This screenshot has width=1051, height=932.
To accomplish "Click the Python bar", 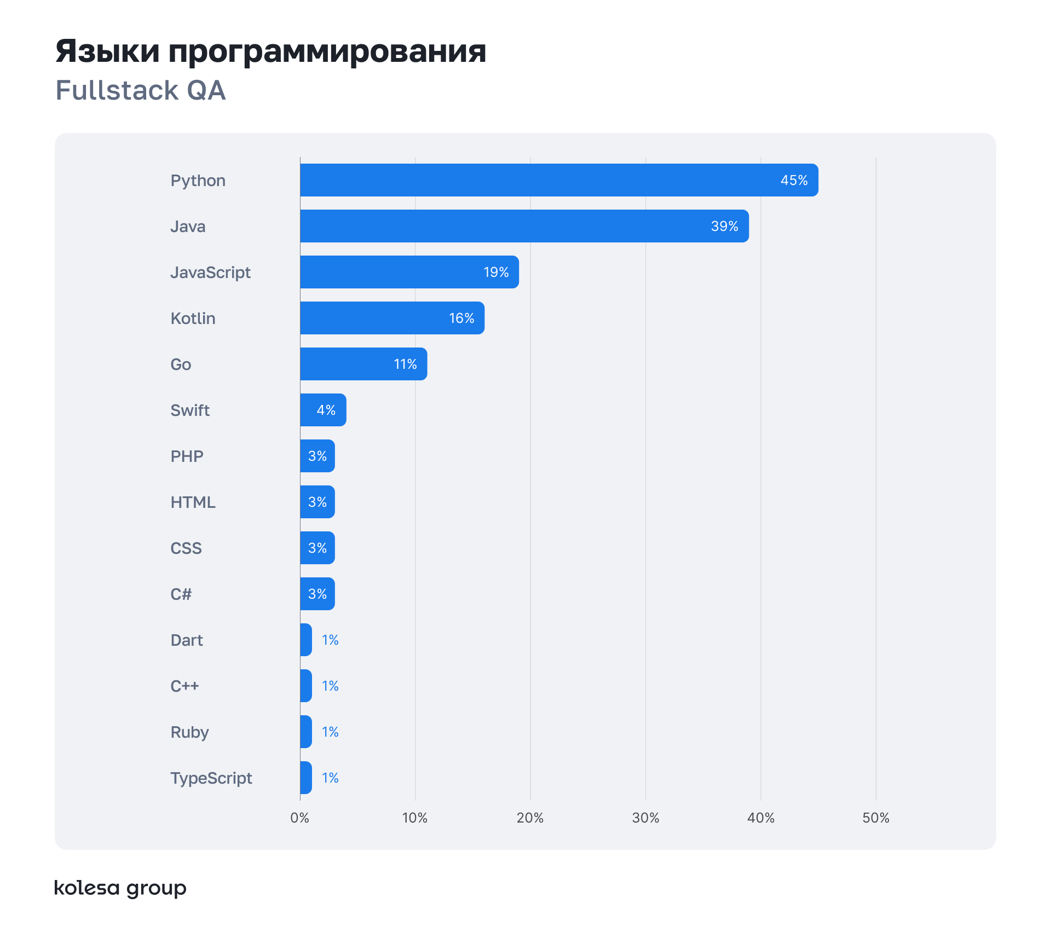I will pyautogui.click(x=558, y=180).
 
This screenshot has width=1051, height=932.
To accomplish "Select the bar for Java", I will pyautogui.click(x=524, y=226).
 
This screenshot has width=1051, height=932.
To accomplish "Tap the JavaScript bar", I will pyautogui.click(x=409, y=272).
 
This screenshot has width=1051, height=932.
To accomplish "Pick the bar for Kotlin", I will pyautogui.click(x=392, y=318).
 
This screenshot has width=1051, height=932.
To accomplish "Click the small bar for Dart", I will pyautogui.click(x=306, y=640).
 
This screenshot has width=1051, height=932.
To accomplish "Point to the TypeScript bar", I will pyautogui.click(x=306, y=778).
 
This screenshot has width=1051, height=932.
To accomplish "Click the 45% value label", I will pyautogui.click(x=794, y=180).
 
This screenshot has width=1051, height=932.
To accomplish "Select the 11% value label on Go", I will pyautogui.click(x=405, y=364).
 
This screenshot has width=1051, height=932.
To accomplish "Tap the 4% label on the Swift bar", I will pyautogui.click(x=326, y=410).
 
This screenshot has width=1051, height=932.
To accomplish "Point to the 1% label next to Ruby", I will pyautogui.click(x=330, y=732).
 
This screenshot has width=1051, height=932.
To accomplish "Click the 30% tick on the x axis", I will pyautogui.click(x=645, y=818).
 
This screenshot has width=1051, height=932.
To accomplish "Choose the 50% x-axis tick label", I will pyautogui.click(x=875, y=818).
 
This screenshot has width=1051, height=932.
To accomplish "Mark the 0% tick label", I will pyautogui.click(x=299, y=818).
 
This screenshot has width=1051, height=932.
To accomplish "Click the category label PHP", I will pyautogui.click(x=187, y=456).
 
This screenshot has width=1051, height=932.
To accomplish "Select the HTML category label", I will pyautogui.click(x=193, y=502).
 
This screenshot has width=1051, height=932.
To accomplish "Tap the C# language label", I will pyautogui.click(x=181, y=594).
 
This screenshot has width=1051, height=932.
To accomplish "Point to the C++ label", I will pyautogui.click(x=184, y=686).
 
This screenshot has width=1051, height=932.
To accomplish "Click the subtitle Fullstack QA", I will pyautogui.click(x=141, y=90).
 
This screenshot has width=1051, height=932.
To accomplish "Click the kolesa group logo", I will pyautogui.click(x=120, y=888).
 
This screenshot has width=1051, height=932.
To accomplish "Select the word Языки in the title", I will pyautogui.click(x=107, y=51).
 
